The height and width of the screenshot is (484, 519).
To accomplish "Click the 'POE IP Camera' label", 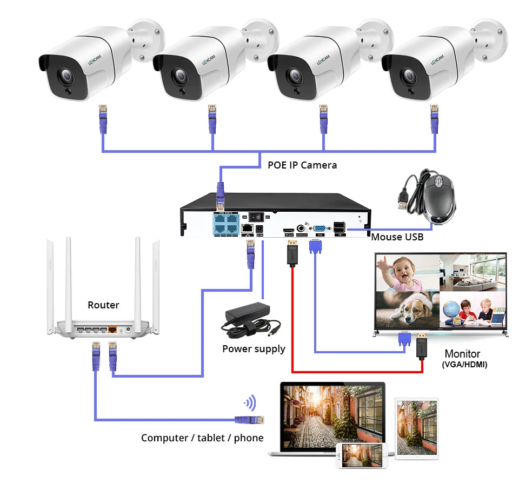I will click(x=302, y=165).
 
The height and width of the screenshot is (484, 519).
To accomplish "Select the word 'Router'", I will click(x=103, y=305).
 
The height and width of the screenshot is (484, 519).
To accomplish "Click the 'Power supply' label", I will click(x=254, y=349).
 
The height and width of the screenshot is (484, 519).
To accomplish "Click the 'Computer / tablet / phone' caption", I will click(x=202, y=438).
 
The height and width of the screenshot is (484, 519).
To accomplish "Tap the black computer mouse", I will click(x=438, y=198).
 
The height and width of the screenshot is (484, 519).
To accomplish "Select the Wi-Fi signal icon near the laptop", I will click(x=250, y=403).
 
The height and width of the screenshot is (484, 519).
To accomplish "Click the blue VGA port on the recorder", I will click(x=319, y=229).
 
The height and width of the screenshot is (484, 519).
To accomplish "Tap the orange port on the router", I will click(x=112, y=328).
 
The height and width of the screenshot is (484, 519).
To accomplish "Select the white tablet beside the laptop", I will click(x=416, y=427).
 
